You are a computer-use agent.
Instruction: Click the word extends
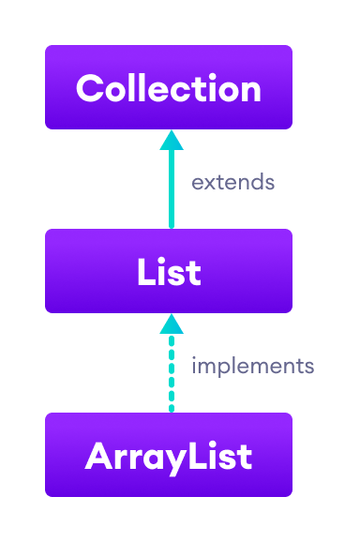[x=232, y=182]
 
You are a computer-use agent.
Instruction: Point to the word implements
[x=252, y=366]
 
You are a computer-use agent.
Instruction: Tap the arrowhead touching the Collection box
[x=171, y=140]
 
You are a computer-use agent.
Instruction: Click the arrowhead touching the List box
[x=171, y=324]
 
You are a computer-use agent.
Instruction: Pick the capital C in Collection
[x=89, y=88]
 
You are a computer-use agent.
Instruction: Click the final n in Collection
[x=250, y=90]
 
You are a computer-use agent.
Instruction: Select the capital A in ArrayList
[x=97, y=457]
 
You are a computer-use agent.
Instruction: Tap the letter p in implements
[x=222, y=368]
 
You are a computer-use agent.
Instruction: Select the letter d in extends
[x=257, y=182]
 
